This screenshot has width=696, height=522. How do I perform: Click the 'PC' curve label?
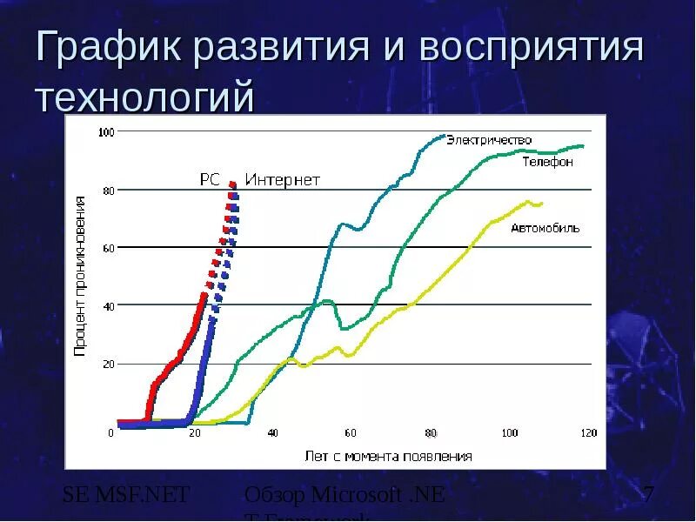(210, 180)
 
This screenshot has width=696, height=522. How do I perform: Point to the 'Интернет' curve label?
(282, 180)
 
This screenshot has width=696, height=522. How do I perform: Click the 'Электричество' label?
(489, 140)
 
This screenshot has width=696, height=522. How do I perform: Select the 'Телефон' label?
(547, 163)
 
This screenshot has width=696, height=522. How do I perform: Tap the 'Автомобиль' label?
(545, 228)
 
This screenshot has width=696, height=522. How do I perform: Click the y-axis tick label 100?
(106, 132)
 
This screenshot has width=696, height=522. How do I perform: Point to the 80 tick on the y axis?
(109, 190)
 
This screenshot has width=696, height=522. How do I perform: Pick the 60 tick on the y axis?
(109, 248)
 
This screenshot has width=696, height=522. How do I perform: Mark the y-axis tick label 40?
(109, 305)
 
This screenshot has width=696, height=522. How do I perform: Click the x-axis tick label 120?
(588, 433)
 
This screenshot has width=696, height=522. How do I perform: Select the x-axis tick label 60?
(351, 433)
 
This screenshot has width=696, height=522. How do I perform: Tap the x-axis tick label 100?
(509, 433)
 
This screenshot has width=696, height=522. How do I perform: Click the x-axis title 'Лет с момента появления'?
(388, 456)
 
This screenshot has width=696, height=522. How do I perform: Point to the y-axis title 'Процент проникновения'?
(79, 276)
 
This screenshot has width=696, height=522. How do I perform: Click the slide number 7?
(648, 496)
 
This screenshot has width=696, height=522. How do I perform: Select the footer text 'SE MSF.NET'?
(126, 496)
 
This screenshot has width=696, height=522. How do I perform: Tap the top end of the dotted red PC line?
(231, 184)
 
